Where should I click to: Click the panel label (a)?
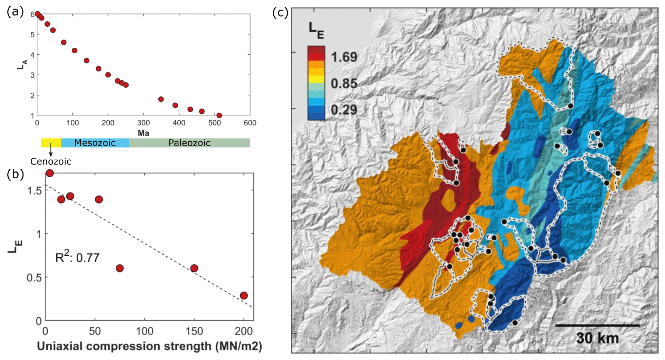point(15,12)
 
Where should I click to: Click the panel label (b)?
point(15,174)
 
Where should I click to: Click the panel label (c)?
point(280,13)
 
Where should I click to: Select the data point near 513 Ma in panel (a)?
point(219,115)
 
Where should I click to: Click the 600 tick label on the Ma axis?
point(250,123)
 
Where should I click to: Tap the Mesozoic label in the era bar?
point(95,143)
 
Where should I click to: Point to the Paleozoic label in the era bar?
point(189,143)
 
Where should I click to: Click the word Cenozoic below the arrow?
point(51,161)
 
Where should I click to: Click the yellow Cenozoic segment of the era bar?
point(50,143)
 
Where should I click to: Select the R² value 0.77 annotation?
point(77,257)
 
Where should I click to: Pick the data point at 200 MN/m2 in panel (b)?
point(244,295)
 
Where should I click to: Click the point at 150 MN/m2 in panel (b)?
point(194,268)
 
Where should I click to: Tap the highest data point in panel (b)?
point(50,173)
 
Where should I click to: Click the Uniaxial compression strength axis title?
point(149,346)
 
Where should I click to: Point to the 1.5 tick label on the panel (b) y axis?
point(34,190)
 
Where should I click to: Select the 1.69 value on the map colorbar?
point(344,57)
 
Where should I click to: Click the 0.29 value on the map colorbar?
point(344,110)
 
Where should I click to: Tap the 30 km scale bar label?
point(597,338)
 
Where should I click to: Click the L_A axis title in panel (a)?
point(22,64)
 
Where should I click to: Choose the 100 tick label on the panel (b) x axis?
point(144,331)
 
